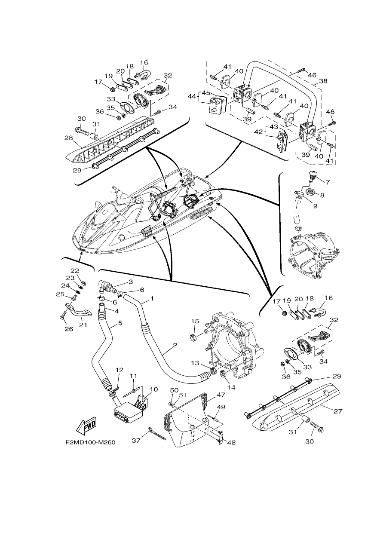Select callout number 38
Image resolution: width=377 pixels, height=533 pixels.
323,81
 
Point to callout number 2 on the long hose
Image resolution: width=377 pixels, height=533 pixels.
175,345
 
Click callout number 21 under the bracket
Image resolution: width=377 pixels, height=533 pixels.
83,325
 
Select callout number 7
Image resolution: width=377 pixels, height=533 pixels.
327,182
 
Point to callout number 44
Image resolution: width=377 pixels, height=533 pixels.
192,96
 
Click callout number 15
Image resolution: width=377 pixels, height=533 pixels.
195,321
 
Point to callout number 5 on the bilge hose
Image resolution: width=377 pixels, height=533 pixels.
120,323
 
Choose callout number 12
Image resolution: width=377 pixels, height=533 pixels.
120,370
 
